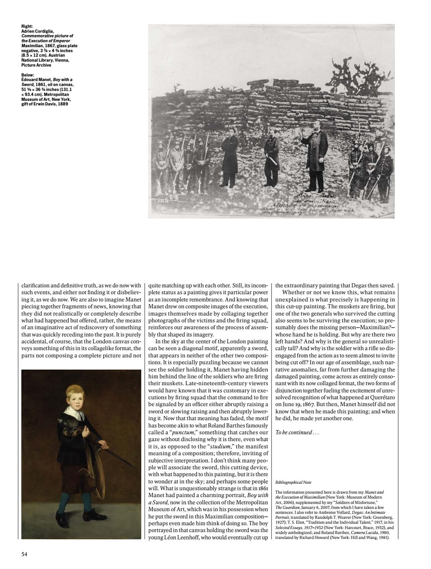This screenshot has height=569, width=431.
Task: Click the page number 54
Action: tap(24, 554)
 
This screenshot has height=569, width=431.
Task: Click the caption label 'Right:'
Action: tap(27, 26)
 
